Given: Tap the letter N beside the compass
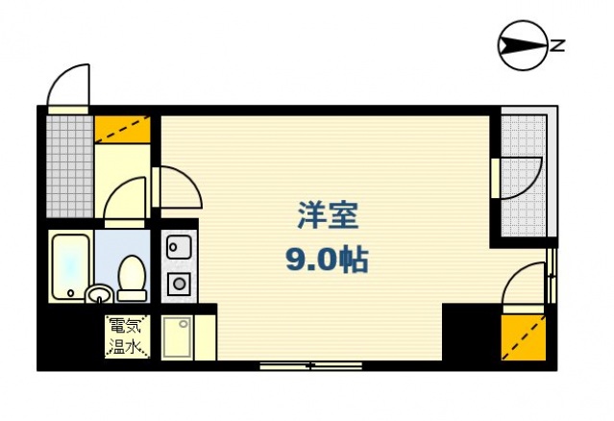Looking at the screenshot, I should [556, 44].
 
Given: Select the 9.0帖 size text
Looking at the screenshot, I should [327, 259].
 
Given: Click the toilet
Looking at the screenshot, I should [132, 275].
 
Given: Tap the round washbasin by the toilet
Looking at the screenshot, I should [99, 293].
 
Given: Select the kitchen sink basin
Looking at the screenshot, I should [178, 248].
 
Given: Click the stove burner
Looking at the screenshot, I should [178, 283].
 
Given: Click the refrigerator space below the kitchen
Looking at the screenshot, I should [178, 336].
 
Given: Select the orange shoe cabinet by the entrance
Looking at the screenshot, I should [123, 129].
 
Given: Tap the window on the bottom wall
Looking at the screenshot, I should [310, 365].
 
